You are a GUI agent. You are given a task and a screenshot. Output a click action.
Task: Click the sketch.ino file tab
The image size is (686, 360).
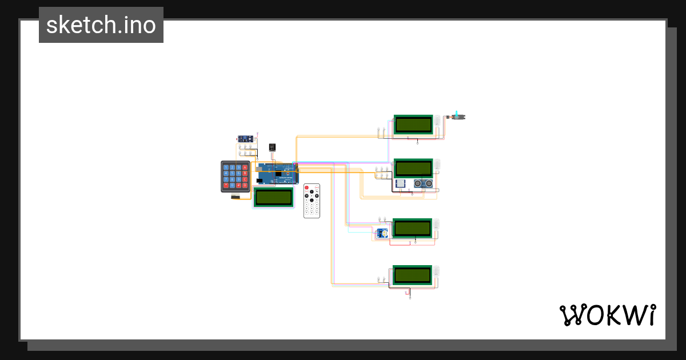[x=101, y=25]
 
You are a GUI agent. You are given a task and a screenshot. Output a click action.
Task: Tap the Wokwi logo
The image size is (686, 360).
[x=607, y=315]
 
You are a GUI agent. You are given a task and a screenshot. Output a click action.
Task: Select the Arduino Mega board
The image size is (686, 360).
[x=277, y=174]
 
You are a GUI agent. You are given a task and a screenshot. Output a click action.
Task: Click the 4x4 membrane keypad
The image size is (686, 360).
[x=236, y=177]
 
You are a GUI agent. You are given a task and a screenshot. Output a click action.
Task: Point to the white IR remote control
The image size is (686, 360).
[x=312, y=201]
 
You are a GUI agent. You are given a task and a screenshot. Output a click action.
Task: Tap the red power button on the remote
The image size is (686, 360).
[x=307, y=187]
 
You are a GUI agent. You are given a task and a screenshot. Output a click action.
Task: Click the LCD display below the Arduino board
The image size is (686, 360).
[x=274, y=197]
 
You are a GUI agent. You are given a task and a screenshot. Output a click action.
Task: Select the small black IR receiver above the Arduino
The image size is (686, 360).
[x=272, y=147]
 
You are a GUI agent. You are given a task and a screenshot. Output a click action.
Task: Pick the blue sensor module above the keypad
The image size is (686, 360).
[x=246, y=139]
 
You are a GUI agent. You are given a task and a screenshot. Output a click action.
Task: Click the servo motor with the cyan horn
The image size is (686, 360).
[x=458, y=117]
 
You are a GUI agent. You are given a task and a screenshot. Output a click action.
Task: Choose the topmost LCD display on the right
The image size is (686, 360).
[x=413, y=124]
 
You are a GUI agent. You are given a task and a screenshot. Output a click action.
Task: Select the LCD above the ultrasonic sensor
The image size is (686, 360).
[x=413, y=168]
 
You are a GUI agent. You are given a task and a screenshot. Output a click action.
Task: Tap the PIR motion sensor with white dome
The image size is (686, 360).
[x=400, y=183]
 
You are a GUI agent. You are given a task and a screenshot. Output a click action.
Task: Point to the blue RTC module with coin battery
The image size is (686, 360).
[x=381, y=233]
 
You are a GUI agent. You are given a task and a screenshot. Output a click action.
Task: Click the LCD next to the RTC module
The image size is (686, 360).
[x=412, y=228]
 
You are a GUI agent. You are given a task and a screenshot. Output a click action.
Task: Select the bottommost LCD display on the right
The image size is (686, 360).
[x=412, y=275]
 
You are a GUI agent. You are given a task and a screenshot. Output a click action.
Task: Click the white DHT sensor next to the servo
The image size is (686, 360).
[x=438, y=122]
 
